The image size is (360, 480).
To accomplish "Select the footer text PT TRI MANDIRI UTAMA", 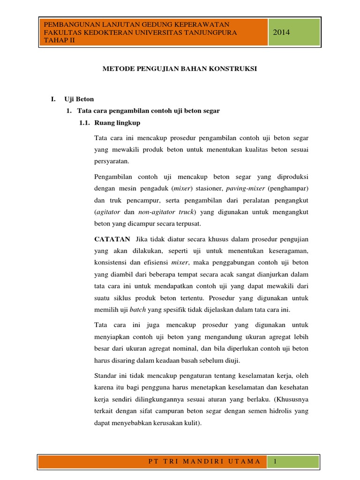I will click(x=203, y=462).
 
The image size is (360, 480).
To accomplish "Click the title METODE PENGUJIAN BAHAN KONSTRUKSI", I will click(x=180, y=68).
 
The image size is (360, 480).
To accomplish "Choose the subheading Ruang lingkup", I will click(x=117, y=123).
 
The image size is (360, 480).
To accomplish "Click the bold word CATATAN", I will click(x=112, y=239).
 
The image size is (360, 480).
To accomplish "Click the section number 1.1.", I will click(x=84, y=123).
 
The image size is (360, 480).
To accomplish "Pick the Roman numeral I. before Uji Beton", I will click(x=53, y=99).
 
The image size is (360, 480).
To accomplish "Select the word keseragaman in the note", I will click(x=286, y=251).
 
